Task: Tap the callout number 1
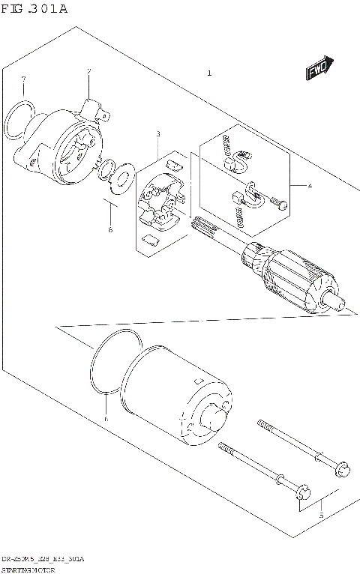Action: (209, 73)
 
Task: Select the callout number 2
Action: (88, 72)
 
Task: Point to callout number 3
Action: (158, 134)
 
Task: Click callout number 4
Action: (307, 184)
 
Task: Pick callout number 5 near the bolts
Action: (321, 516)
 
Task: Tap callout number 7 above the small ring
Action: (23, 79)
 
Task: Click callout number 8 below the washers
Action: (109, 229)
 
